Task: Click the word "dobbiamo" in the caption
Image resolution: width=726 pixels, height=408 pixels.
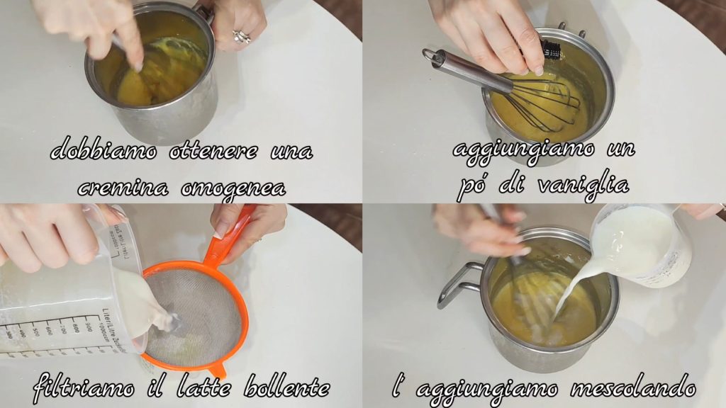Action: pos(104,149)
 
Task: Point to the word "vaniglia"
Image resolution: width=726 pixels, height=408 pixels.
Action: pos(583,184)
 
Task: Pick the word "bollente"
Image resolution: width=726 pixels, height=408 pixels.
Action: pos(286,386)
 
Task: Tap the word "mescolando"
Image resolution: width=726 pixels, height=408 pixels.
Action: pos(633,387)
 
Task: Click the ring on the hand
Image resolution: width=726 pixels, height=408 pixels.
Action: pos(241,37)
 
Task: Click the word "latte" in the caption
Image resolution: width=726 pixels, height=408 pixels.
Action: pos(203,386)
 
